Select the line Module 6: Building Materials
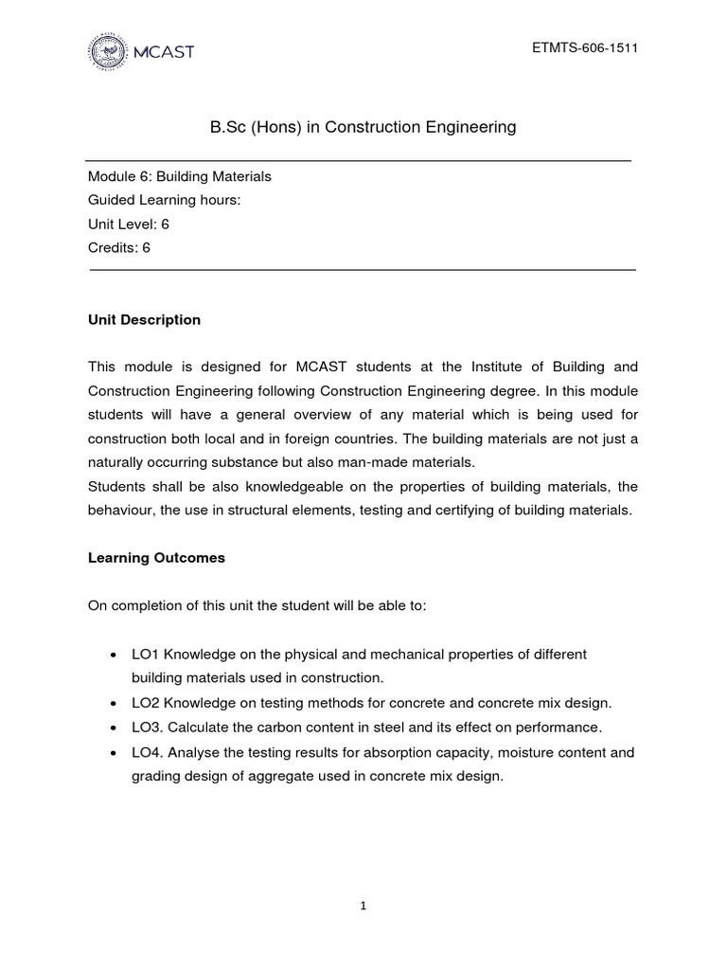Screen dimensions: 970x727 coord(180,176)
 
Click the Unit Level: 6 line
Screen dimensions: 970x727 coord(129,225)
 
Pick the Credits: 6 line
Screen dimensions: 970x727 coord(119,248)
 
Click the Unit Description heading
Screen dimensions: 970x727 coord(144,320)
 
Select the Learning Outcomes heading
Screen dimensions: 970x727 coord(156,558)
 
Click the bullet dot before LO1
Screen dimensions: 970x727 coord(114,656)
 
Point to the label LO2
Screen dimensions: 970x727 coord(146,703)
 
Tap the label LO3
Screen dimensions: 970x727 coord(146,727)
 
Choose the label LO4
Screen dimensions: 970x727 coord(146,752)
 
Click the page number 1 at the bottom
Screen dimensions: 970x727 coord(363,906)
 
